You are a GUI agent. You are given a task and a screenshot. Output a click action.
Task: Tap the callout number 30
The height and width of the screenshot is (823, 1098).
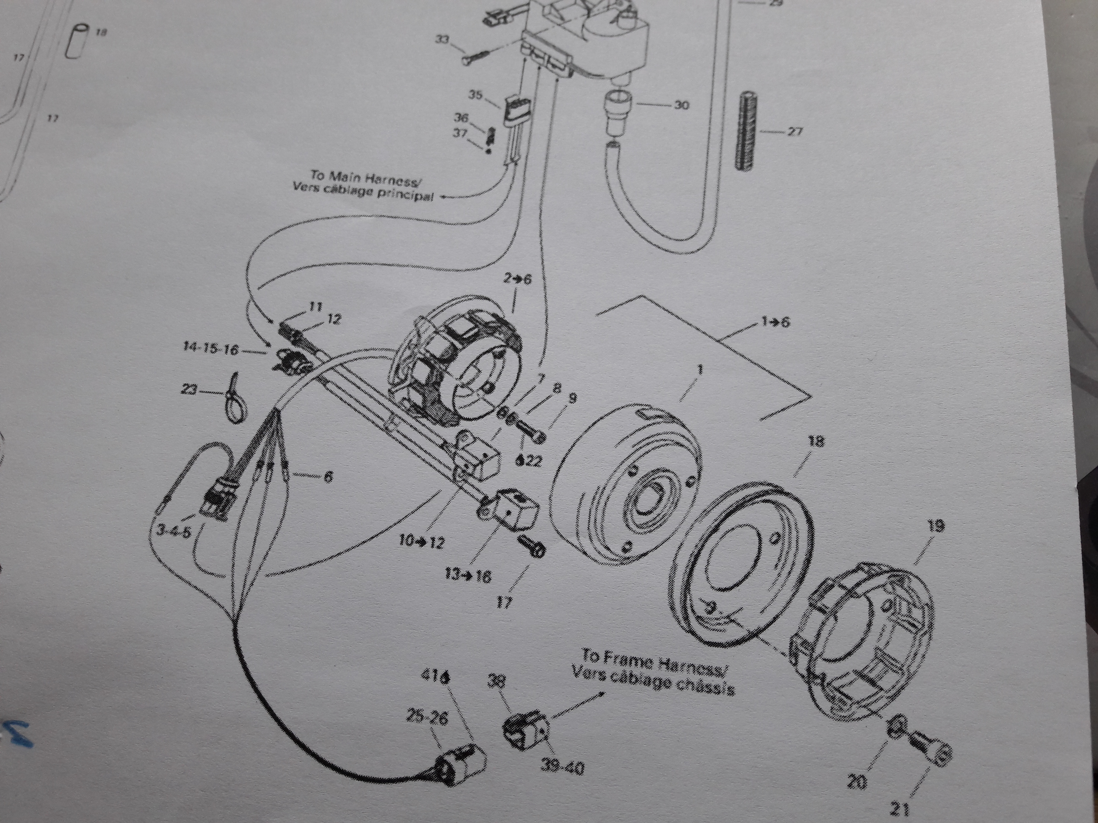coord(681,105)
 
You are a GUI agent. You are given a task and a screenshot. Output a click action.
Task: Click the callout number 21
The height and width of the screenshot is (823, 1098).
coord(900,810)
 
